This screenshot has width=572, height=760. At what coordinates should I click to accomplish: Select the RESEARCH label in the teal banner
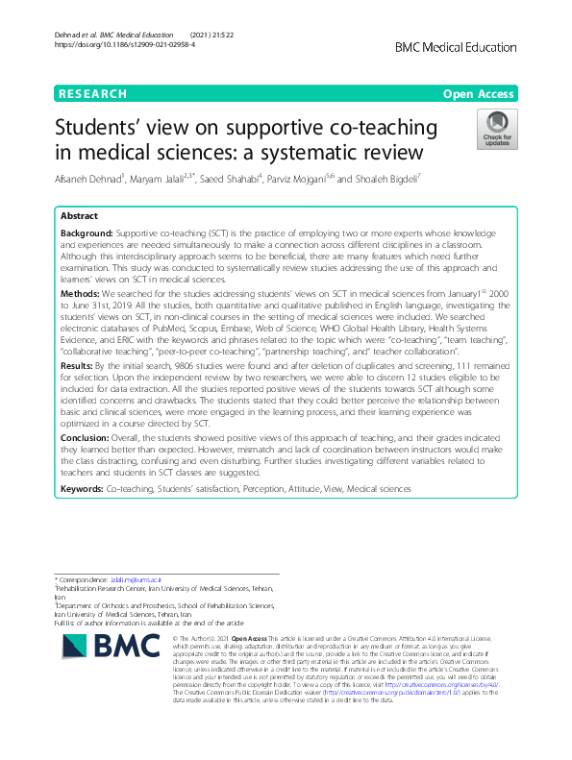tap(92, 94)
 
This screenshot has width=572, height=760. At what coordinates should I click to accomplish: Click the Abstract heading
tap(80, 216)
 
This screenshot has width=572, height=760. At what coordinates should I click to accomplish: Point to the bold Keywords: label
tap(82, 489)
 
